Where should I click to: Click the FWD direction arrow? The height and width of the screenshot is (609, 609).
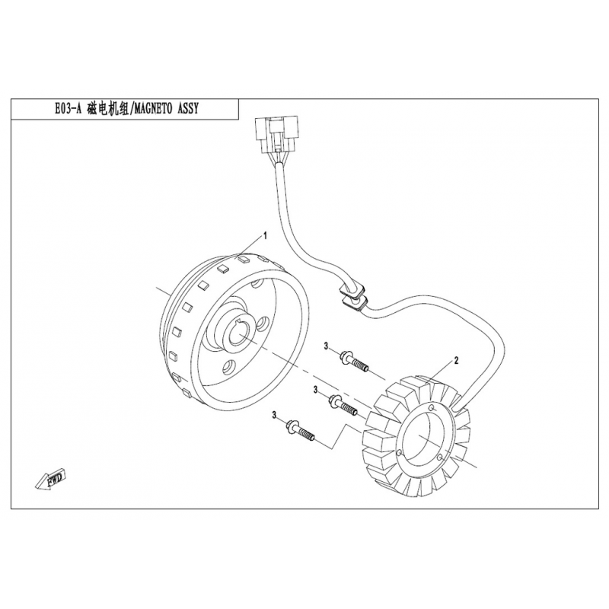pyautogui.click(x=51, y=481)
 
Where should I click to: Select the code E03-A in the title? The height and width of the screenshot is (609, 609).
pyautogui.click(x=69, y=109)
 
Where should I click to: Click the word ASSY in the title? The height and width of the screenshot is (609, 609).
pyautogui.click(x=188, y=109)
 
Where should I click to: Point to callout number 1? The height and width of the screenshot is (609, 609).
pyautogui.click(x=265, y=236)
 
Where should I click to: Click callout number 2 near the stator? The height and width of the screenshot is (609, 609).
pyautogui.click(x=456, y=360)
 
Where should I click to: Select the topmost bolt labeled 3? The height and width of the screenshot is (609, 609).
pyautogui.click(x=354, y=362)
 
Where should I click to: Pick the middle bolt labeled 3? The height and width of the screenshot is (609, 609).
pyautogui.click(x=343, y=405)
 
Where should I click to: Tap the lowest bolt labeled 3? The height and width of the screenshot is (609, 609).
pyautogui.click(x=301, y=431)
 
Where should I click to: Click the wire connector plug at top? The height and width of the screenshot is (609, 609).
pyautogui.click(x=276, y=134)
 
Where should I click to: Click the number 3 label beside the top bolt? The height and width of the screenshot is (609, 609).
pyautogui.click(x=327, y=346)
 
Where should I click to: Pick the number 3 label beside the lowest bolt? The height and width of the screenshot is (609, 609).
pyautogui.click(x=274, y=416)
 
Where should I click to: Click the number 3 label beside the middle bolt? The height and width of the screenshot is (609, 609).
pyautogui.click(x=316, y=389)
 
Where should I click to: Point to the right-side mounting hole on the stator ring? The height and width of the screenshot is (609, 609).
pyautogui.click(x=440, y=458)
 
